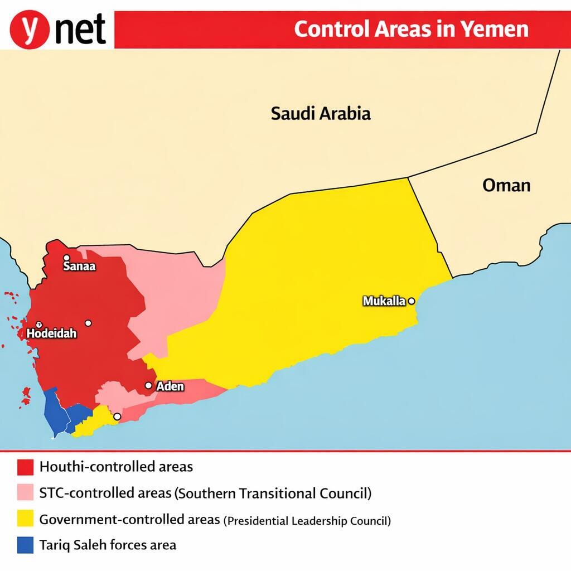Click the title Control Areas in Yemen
point(411,29)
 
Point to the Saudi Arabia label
point(321,114)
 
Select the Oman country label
point(506,185)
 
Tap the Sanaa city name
point(79,266)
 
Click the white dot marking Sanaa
point(66,258)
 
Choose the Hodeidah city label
point(51,333)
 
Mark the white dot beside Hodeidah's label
point(39,324)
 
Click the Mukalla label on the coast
point(384,301)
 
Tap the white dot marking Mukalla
point(412,301)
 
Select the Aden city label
point(170,386)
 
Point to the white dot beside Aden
point(148,385)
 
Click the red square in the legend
point(26,466)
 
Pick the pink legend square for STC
point(26,493)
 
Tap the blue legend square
point(26,545)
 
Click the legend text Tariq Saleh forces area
point(108,545)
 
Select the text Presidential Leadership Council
point(307,521)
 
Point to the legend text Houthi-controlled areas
point(116,466)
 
